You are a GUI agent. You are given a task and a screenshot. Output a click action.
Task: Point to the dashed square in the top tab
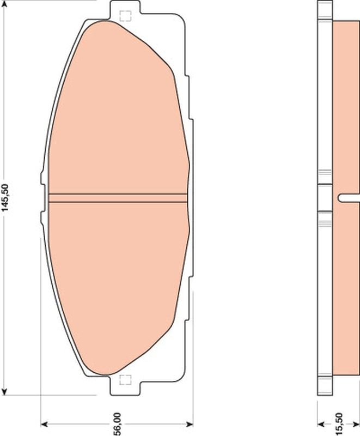click(x=125, y=16)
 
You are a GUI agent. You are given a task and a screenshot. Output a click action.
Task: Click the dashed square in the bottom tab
click(x=125, y=380)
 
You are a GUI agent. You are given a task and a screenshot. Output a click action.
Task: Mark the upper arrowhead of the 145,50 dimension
click(x=5, y=4)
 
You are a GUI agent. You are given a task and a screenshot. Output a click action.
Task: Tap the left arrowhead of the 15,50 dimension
click(x=321, y=423)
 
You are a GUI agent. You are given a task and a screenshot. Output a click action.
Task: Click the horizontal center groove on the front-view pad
click(x=117, y=198)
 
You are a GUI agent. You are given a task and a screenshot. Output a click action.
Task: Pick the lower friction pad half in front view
click(x=117, y=283)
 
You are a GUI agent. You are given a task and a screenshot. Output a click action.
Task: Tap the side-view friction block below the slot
click(x=346, y=289)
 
